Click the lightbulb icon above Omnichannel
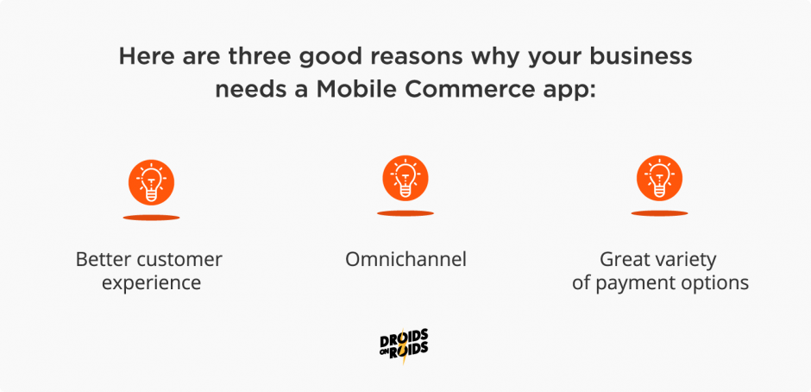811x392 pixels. [405, 180]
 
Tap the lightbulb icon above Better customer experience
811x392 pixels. [151, 181]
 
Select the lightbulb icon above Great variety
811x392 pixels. [659, 180]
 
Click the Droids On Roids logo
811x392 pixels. [405, 345]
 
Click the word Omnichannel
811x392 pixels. [405, 259]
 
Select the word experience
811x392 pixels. [151, 282]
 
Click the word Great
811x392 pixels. [626, 259]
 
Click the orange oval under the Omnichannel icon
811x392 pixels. [405, 212]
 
